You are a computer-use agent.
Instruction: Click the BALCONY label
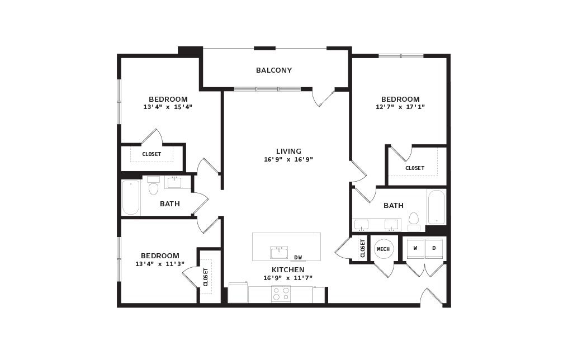[x=274, y=70]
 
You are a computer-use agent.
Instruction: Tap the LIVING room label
[x=288, y=151]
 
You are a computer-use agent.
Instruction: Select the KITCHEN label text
[x=288, y=270]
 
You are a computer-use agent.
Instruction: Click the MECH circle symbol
[x=384, y=249]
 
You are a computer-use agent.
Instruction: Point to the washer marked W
[x=415, y=248]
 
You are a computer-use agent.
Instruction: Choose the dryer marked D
[x=434, y=248]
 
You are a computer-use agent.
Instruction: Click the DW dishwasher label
[x=298, y=258]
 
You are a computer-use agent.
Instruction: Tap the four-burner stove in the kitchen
[x=281, y=293]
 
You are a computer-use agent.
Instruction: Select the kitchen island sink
[x=279, y=253]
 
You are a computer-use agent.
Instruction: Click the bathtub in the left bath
[x=131, y=197]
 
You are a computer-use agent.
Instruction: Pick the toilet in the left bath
[x=154, y=186]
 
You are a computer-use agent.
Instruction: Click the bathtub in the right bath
[x=436, y=207]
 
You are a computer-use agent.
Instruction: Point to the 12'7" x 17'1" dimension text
[x=400, y=107]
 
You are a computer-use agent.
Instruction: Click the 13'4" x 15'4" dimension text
[x=168, y=107]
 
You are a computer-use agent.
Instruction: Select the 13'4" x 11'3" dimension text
[x=160, y=264]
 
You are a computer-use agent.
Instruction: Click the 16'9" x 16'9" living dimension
[x=288, y=159]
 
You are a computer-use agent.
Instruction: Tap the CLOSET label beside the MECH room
[x=363, y=248]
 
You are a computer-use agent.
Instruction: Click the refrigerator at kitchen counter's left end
[x=238, y=292]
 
